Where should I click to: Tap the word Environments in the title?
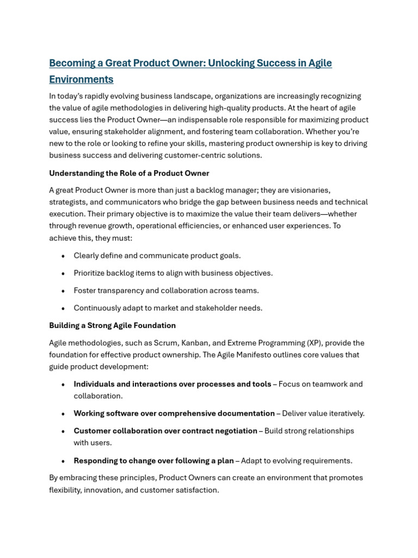[x=81, y=80]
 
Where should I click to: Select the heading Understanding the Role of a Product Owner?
[x=129, y=173]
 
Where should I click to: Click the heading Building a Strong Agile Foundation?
[x=112, y=325]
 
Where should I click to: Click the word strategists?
[x=67, y=202]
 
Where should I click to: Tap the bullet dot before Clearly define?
[x=63, y=256]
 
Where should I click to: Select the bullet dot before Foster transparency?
[x=63, y=291]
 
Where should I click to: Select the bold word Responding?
[x=94, y=460]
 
